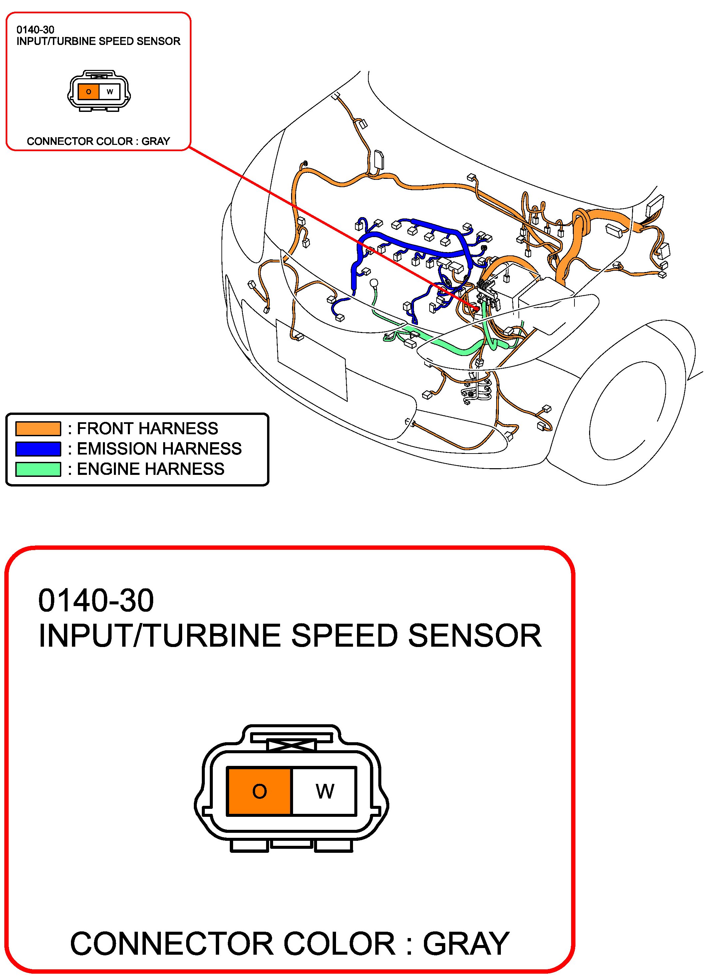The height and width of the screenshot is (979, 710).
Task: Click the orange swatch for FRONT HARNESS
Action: coord(38,428)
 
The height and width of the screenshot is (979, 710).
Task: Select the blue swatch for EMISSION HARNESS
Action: coord(38,449)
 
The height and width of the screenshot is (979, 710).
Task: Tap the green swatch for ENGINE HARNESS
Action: coord(38,469)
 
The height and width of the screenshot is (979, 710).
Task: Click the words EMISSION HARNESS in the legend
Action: coord(159,449)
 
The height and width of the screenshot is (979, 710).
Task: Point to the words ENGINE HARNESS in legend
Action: coord(151,469)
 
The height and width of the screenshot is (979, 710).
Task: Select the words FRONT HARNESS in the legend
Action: coord(148,428)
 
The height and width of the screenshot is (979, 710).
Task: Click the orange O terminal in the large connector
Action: coord(259,791)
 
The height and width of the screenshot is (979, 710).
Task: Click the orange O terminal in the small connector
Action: coord(89,92)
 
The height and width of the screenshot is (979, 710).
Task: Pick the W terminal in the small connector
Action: coord(110,92)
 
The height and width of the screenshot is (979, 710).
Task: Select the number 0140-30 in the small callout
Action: coord(35,30)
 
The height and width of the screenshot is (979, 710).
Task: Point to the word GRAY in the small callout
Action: coord(156,141)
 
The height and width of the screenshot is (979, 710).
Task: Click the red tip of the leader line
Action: coord(478,308)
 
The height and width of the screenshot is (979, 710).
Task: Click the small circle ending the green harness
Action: coord(374,283)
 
